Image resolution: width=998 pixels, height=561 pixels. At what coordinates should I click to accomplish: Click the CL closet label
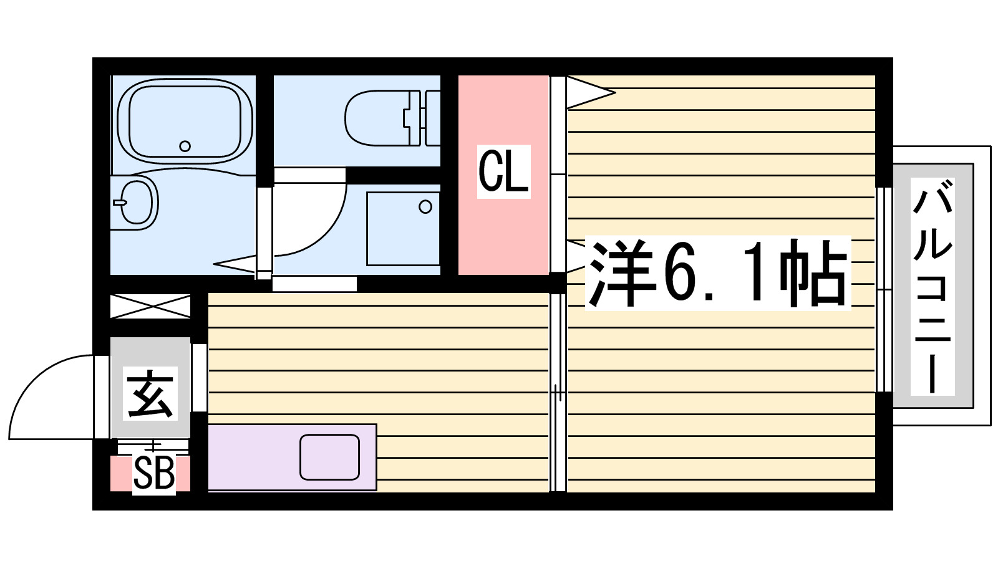tap(504, 171)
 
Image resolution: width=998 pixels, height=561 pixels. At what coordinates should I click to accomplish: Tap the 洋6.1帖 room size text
tap(717, 273)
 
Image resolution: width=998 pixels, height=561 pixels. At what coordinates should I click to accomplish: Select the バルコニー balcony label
tap(933, 287)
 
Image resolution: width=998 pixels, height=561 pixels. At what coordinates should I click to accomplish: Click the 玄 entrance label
tap(150, 394)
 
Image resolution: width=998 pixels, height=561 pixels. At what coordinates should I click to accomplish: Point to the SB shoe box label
tap(153, 474)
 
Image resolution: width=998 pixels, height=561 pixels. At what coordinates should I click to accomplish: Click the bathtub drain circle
tap(185, 146)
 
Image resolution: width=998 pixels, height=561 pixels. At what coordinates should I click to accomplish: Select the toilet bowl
tap(374, 118)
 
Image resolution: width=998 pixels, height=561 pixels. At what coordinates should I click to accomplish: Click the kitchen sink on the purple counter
tap(329, 457)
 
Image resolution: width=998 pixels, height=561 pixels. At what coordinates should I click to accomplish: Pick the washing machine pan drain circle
tap(425, 206)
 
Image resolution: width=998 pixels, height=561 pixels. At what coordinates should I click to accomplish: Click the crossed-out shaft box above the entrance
tap(150, 307)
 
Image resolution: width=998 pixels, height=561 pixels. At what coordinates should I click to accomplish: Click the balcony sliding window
tap(883, 290)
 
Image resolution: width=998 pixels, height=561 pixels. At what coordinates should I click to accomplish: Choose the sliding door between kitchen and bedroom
tap(558, 393)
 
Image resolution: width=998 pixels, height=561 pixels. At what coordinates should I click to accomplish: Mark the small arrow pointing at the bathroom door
tap(234, 264)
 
